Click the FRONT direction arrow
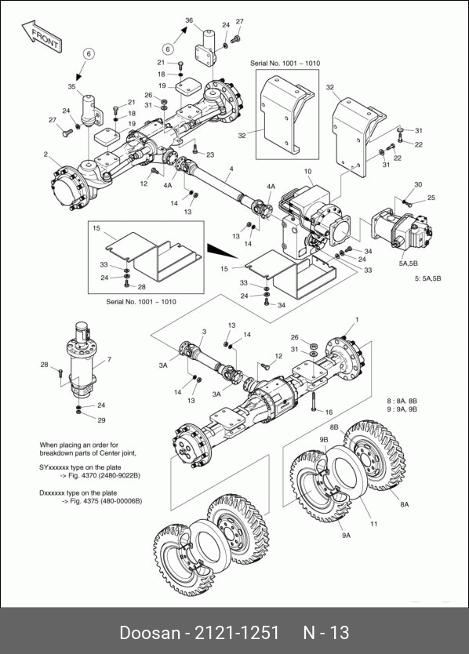(x=42, y=37)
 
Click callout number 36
(x=189, y=20)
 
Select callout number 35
(x=72, y=87)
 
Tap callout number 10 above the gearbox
(x=308, y=171)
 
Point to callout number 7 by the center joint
(x=109, y=359)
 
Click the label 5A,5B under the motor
(x=408, y=263)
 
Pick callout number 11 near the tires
(x=374, y=524)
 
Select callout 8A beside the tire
(x=404, y=504)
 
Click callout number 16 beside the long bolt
(x=329, y=412)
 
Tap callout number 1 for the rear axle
(x=357, y=319)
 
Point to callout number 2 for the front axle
(x=46, y=154)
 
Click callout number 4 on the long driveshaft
(x=231, y=169)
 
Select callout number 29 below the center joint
(x=101, y=420)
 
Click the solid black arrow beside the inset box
(x=221, y=250)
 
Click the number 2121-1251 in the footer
(x=237, y=633)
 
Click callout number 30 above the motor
(x=418, y=184)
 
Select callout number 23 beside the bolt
(x=210, y=154)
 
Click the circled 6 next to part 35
(x=89, y=54)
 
